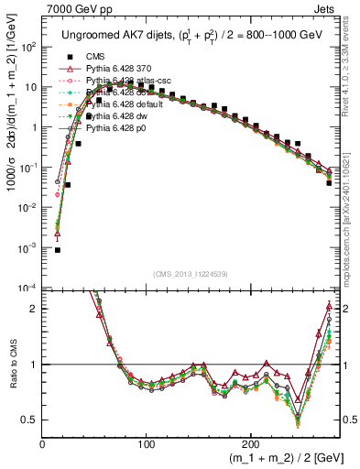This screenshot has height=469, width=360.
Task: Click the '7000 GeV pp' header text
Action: click(x=77, y=8)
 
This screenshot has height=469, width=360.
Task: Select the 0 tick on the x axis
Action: click(x=43, y=443)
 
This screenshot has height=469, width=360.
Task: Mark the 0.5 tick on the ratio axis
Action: click(x=30, y=420)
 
